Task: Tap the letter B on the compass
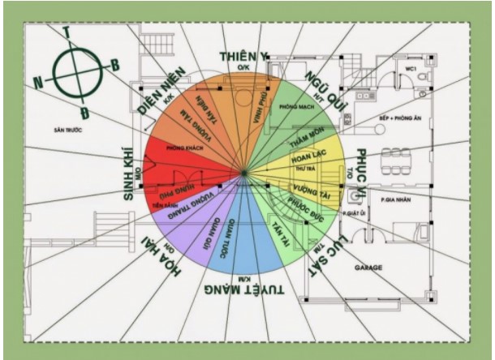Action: click(x=114, y=64)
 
